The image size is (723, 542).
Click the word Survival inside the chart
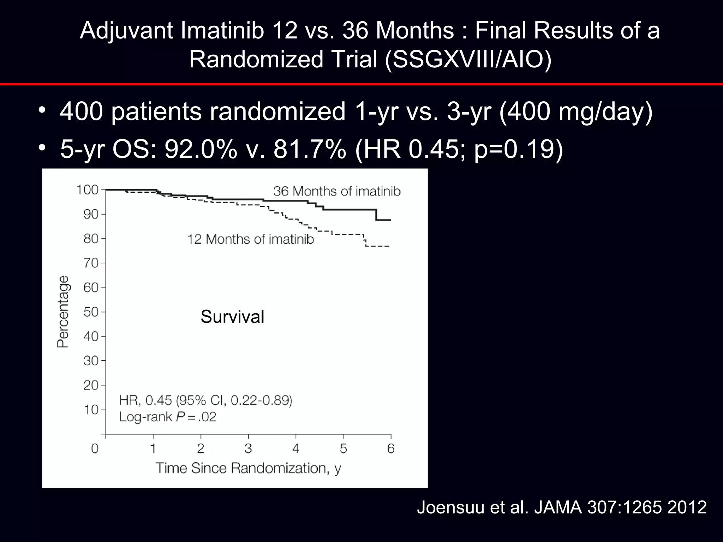pyautogui.click(x=232, y=317)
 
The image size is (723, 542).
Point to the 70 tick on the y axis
pyautogui.click(x=90, y=263)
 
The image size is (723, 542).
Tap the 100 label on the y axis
pyautogui.click(x=87, y=190)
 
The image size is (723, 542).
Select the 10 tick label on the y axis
pyautogui.click(x=90, y=410)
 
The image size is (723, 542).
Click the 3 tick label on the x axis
pyautogui.click(x=248, y=448)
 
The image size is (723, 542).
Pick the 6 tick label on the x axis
pyautogui.click(x=391, y=448)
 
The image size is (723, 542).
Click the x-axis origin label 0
pyautogui.click(x=95, y=448)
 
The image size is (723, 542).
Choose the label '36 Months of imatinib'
pyautogui.click(x=337, y=191)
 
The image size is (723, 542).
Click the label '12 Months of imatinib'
pyautogui.click(x=250, y=239)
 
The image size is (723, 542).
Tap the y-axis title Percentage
pyautogui.click(x=63, y=312)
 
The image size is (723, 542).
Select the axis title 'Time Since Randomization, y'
pyautogui.click(x=248, y=468)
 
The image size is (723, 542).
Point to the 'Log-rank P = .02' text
pyautogui.click(x=167, y=417)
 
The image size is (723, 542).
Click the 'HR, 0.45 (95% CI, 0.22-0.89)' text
pyautogui.click(x=205, y=401)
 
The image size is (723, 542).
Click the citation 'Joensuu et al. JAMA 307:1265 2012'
pyautogui.click(x=562, y=507)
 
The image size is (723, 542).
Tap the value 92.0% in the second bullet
pyautogui.click(x=201, y=149)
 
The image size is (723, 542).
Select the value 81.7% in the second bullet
pyautogui.click(x=310, y=149)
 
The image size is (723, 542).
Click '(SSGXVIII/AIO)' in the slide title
pyautogui.click(x=468, y=59)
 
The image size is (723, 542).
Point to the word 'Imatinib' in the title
pyautogui.click(x=222, y=30)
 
